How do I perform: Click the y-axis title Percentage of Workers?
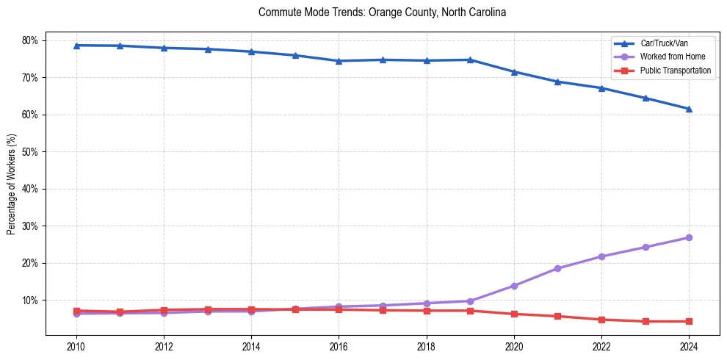point(12,184)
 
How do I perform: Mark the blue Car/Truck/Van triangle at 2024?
point(689,109)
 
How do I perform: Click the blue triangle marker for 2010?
point(76,46)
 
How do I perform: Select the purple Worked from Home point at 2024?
point(689,237)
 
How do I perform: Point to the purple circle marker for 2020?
point(514,286)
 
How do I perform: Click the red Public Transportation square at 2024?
point(689,321)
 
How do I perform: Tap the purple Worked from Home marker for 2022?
point(601,256)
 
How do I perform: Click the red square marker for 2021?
point(557,316)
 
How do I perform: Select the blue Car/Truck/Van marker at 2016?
point(339,61)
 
